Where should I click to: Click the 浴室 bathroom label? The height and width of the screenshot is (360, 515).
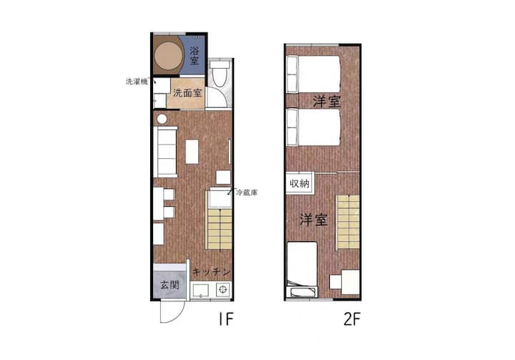[194, 56]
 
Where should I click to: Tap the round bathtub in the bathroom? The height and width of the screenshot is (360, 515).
[169, 56]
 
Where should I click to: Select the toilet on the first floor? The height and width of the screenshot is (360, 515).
[218, 74]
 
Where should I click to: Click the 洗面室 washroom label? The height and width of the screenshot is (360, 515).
[187, 93]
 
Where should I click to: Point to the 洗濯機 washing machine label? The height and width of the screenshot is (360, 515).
[137, 82]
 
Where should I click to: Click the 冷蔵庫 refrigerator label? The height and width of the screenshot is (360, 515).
[247, 193]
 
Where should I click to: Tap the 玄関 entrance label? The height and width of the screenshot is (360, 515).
[170, 285]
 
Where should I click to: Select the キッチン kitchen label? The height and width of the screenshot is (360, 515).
[211, 272]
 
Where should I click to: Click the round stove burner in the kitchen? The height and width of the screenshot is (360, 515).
[223, 290]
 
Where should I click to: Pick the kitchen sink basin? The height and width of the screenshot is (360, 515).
[201, 291]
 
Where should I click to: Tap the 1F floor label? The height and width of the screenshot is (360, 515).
[226, 319]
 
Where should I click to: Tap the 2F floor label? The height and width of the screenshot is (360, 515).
[352, 319]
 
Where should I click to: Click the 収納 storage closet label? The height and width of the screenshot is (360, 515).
[300, 183]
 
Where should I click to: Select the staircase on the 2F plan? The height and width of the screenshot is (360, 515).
[348, 222]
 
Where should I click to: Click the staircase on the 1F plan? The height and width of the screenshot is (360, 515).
[219, 228]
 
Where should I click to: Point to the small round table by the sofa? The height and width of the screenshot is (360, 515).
[162, 119]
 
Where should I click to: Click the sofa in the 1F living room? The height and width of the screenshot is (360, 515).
[165, 152]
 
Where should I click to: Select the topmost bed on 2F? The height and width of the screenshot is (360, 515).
[313, 74]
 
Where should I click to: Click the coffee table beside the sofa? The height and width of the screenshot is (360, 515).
[192, 152]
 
